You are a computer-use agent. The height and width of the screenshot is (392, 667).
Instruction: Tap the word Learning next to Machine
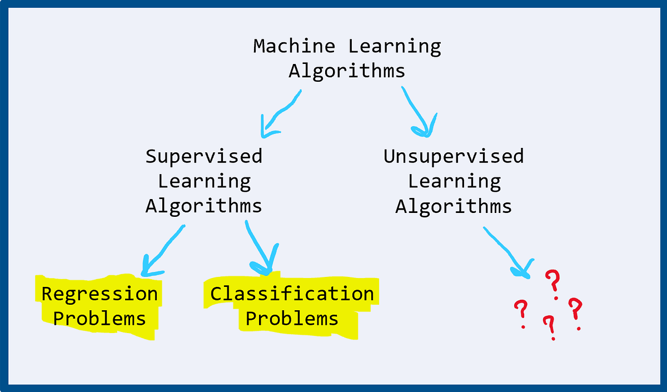tap(395, 46)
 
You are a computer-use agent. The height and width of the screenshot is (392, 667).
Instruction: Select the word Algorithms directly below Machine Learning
tap(347, 71)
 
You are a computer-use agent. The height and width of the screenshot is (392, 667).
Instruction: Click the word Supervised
tap(203, 156)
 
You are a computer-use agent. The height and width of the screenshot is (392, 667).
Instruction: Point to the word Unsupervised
tap(454, 156)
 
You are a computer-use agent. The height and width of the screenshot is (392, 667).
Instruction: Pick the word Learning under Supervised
tap(204, 181)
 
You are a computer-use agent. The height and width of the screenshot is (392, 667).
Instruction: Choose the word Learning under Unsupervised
tap(454, 181)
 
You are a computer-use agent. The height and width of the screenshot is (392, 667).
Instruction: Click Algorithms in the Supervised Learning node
tap(203, 206)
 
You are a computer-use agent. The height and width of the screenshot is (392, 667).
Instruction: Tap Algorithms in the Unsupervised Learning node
tap(454, 206)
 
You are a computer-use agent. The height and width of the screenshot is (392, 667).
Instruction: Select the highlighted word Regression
tap(100, 294)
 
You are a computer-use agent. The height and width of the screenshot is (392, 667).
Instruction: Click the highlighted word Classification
tap(292, 294)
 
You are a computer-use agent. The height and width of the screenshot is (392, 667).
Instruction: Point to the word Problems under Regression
tap(100, 319)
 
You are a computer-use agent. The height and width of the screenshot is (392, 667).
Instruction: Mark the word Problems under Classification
tap(292, 319)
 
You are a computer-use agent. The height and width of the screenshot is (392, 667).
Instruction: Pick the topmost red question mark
tap(552, 282)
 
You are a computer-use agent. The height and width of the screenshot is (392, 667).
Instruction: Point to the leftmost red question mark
tap(521, 313)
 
